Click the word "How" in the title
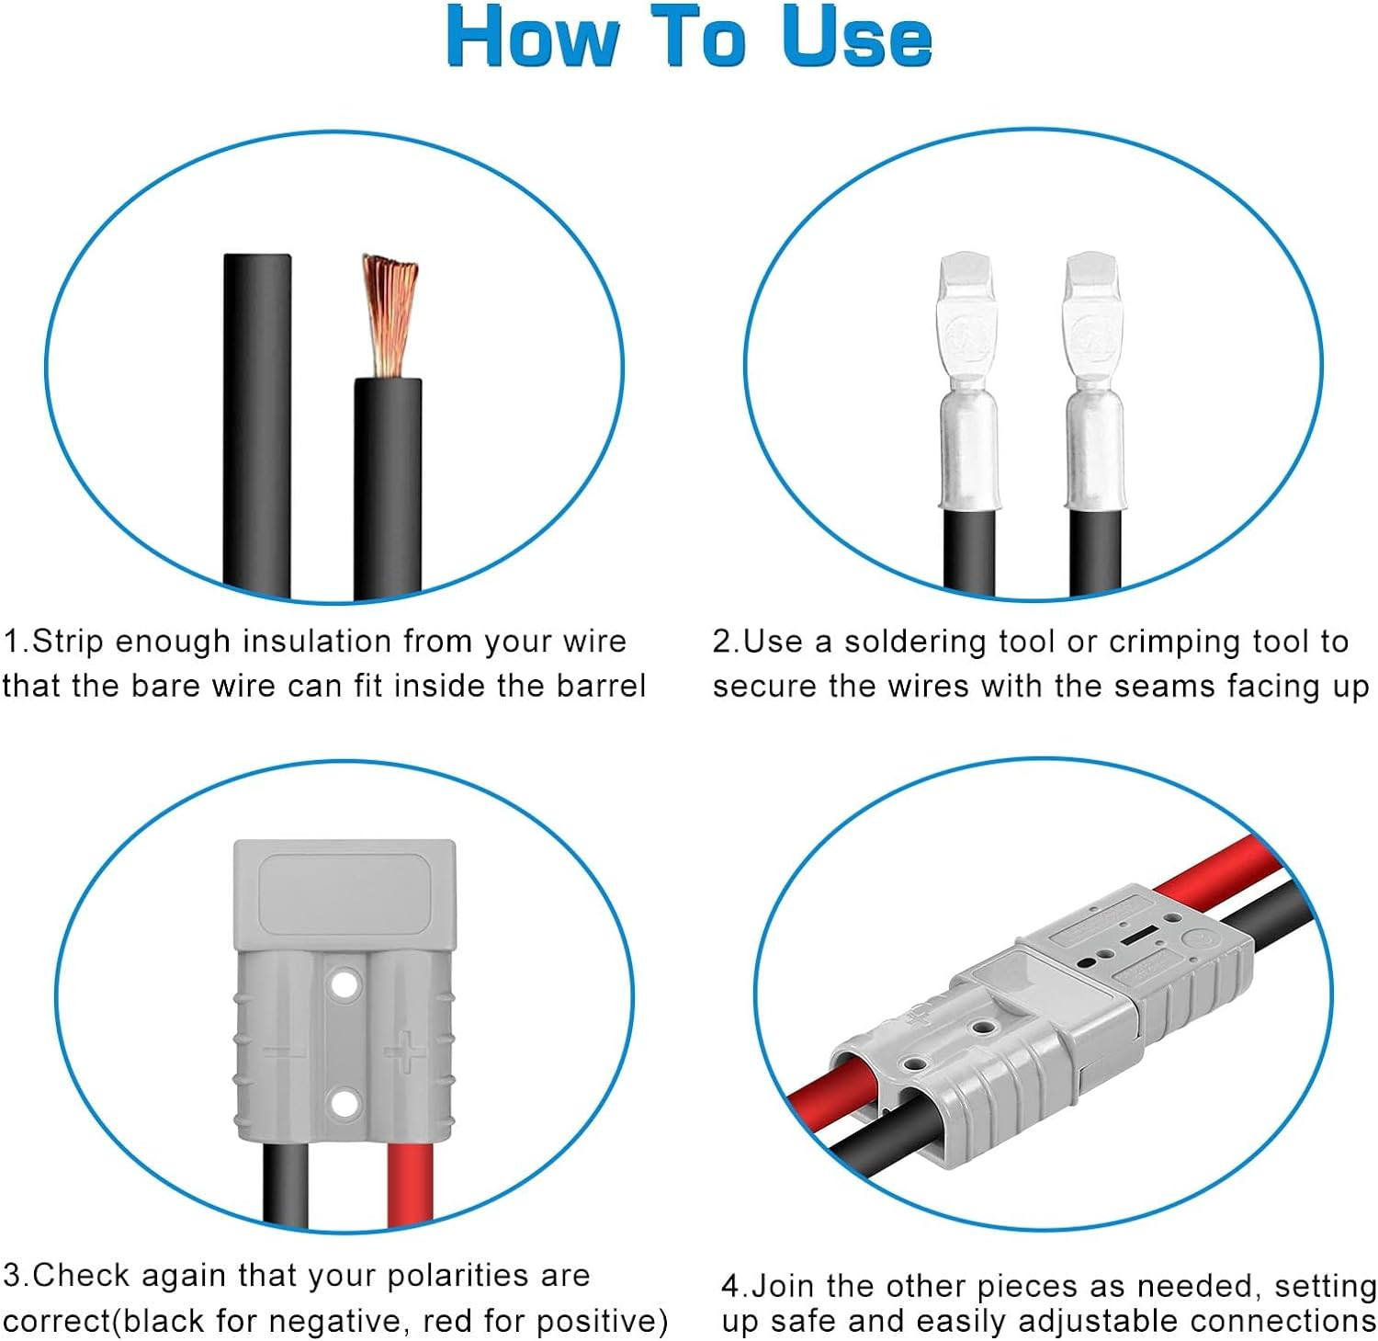tap(533, 37)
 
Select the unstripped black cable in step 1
tap(257, 423)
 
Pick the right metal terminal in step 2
tap(1093, 386)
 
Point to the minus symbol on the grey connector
tap(287, 1051)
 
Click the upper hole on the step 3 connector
tap(344, 984)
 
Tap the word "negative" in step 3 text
tap(344, 1321)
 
